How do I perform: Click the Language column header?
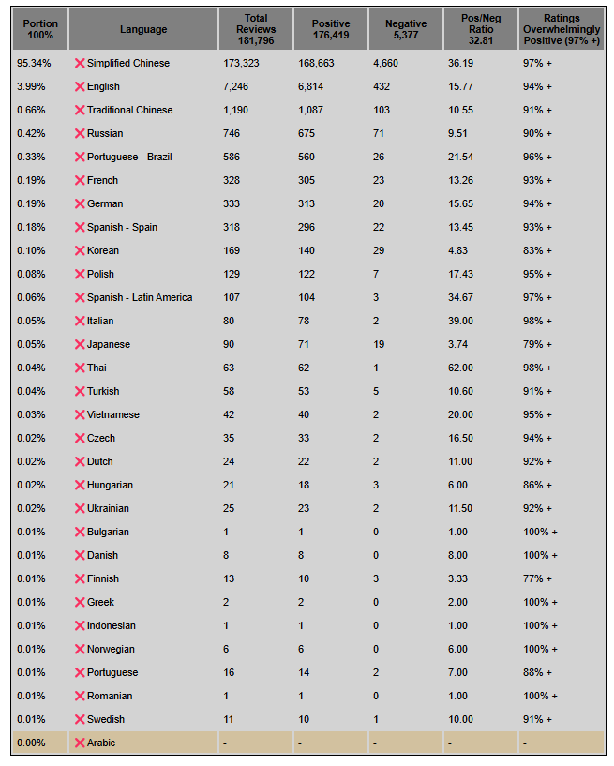pos(143,29)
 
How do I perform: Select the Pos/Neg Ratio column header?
pos(481,29)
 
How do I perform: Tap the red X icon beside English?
pos(80,86)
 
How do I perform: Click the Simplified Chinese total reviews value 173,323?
pos(244,63)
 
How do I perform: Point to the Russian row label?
pos(105,133)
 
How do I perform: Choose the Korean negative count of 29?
pos(378,250)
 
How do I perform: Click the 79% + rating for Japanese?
pos(537,344)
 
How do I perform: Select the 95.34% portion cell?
pos(34,63)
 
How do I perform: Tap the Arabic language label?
pos(101,743)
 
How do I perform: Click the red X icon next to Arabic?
pos(80,743)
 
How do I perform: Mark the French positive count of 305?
pos(308,180)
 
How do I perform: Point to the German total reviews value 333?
pos(232,203)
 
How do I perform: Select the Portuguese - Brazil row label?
pos(129,157)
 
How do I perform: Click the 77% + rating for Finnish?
pos(537,578)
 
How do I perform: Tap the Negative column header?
pos(406,29)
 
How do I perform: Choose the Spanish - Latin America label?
pos(140,297)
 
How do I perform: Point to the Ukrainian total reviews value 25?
pos(229,508)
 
